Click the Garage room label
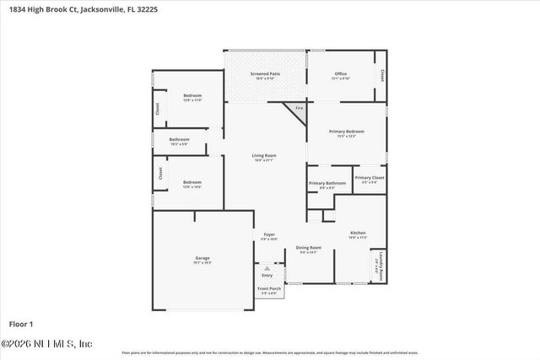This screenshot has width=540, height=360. (x=202, y=258)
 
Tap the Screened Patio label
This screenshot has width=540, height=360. (x=265, y=74)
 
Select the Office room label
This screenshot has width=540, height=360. (x=340, y=74)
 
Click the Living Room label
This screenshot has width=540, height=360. (x=264, y=155)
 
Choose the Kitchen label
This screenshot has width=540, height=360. (x=358, y=233)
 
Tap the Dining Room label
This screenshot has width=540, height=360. (x=309, y=248)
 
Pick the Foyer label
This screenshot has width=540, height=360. (x=269, y=234)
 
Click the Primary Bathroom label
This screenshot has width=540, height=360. (x=327, y=183)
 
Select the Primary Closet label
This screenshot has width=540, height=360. (x=370, y=178)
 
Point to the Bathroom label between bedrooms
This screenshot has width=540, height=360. (x=179, y=139)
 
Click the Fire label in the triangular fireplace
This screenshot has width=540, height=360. (x=298, y=108)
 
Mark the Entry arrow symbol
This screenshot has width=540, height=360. (x=267, y=269)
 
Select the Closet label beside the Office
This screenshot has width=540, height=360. (x=383, y=74)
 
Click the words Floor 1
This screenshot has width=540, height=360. (x=20, y=324)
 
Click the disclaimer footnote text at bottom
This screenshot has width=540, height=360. (x=270, y=352)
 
